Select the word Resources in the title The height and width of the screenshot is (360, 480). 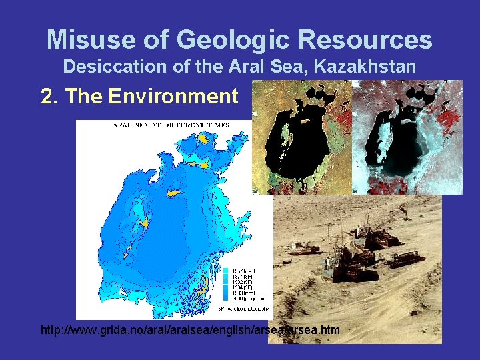tap(365, 40)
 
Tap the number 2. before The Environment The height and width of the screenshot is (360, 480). tap(49, 97)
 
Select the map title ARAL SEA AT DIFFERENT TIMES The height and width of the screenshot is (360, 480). tap(171, 125)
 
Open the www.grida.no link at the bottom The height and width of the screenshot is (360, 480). tap(190, 330)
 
